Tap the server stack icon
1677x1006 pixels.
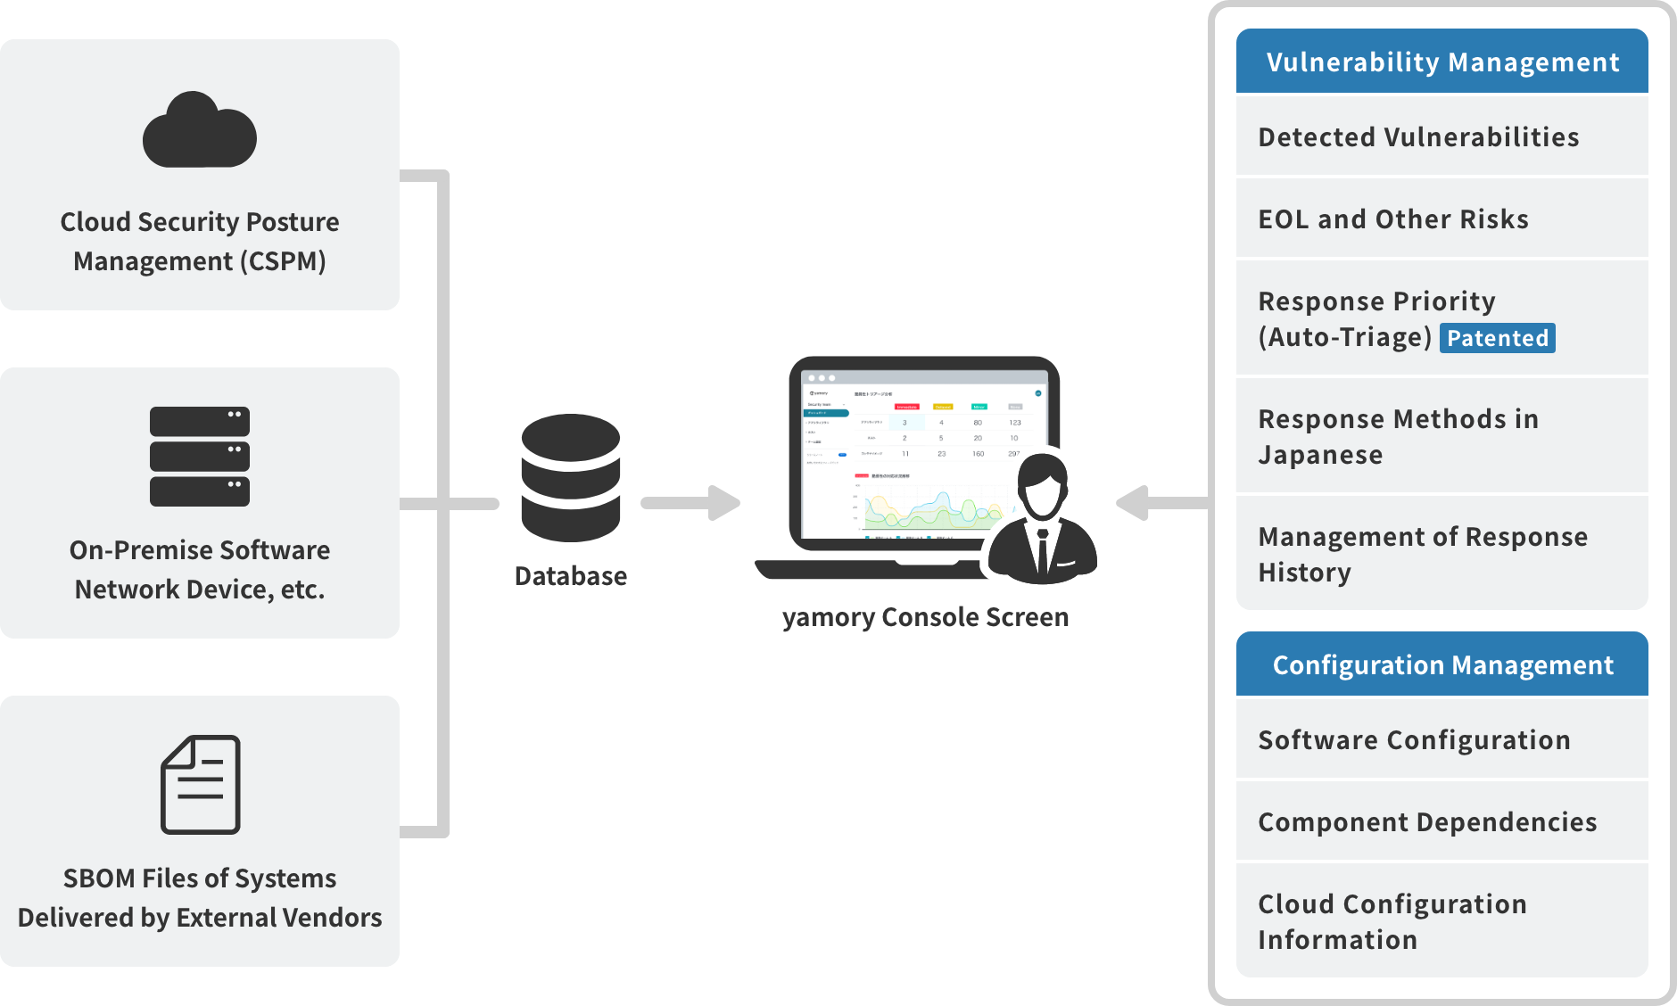(x=200, y=457)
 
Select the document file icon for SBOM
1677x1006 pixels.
(x=200, y=785)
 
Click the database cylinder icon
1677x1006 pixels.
(x=571, y=477)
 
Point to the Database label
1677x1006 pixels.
(x=571, y=576)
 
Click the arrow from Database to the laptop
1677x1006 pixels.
(x=691, y=503)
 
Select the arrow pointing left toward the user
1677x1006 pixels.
(x=1160, y=503)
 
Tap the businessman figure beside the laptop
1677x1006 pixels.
(x=1042, y=522)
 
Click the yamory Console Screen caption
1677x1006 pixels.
(x=925, y=617)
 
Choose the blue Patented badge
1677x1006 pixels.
(x=1498, y=338)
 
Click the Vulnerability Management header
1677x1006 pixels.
(x=1442, y=62)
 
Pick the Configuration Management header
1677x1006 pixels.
(x=1442, y=665)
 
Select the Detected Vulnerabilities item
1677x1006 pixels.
(x=1418, y=137)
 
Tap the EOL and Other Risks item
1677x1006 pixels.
(x=1393, y=219)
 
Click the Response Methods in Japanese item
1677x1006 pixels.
(x=1399, y=437)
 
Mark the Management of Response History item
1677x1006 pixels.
(x=1423, y=554)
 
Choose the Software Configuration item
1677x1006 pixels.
(x=1414, y=740)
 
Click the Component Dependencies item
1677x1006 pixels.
(x=1427, y=822)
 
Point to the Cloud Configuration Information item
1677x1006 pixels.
(x=1392, y=921)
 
